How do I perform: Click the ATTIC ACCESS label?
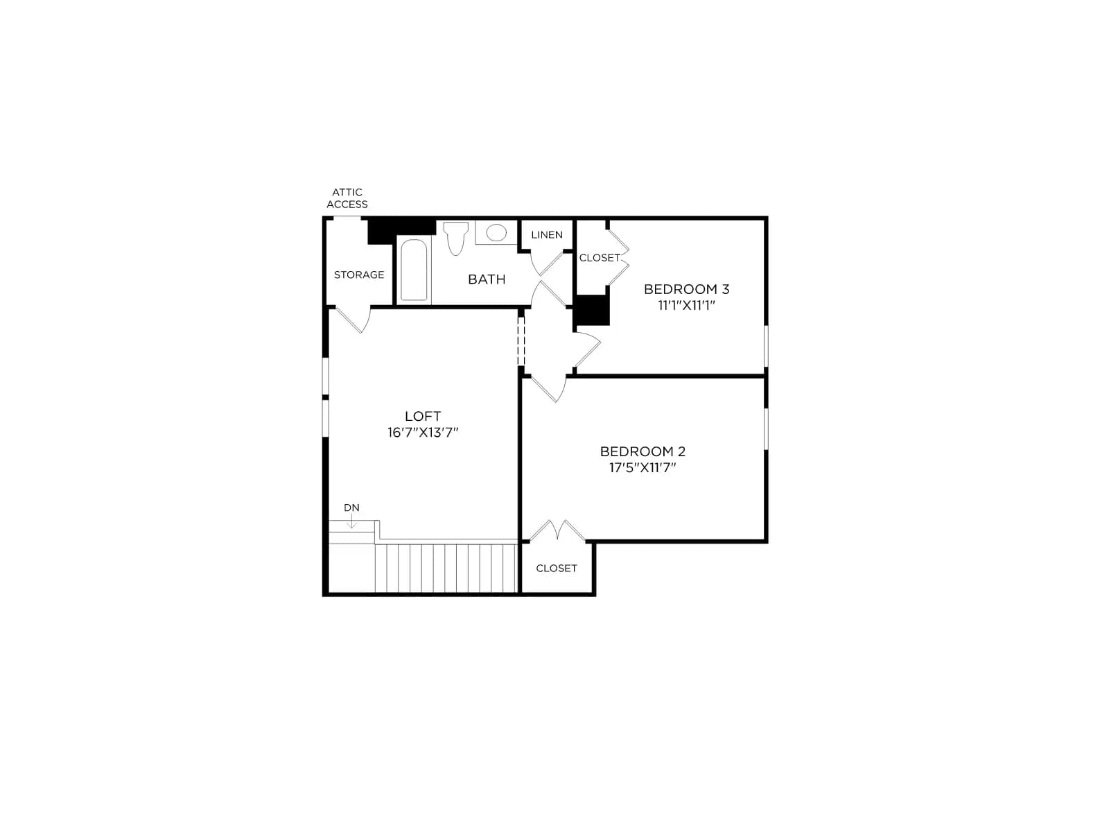pos(347,198)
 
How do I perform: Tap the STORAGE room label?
pos(359,275)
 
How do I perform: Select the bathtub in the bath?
pos(414,270)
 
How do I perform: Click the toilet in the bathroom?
pos(455,238)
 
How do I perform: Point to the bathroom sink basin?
pos(496,232)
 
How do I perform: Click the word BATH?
pos(487,279)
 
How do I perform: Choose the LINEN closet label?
pos(547,235)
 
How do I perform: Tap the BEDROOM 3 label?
pos(686,289)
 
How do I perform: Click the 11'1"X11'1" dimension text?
pos(686,306)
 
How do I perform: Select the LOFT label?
pos(423,416)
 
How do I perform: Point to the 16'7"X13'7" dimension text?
pos(423,433)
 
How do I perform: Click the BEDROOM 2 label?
pos(643,451)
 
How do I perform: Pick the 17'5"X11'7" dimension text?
pos(643,468)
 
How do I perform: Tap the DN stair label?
pos(351,508)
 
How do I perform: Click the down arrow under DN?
pos(351,522)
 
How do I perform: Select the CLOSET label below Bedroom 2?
pos(557,569)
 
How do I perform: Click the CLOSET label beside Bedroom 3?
pos(600,258)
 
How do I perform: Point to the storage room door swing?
pos(353,320)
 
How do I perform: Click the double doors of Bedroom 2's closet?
pos(557,530)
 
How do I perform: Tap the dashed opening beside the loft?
pos(521,340)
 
